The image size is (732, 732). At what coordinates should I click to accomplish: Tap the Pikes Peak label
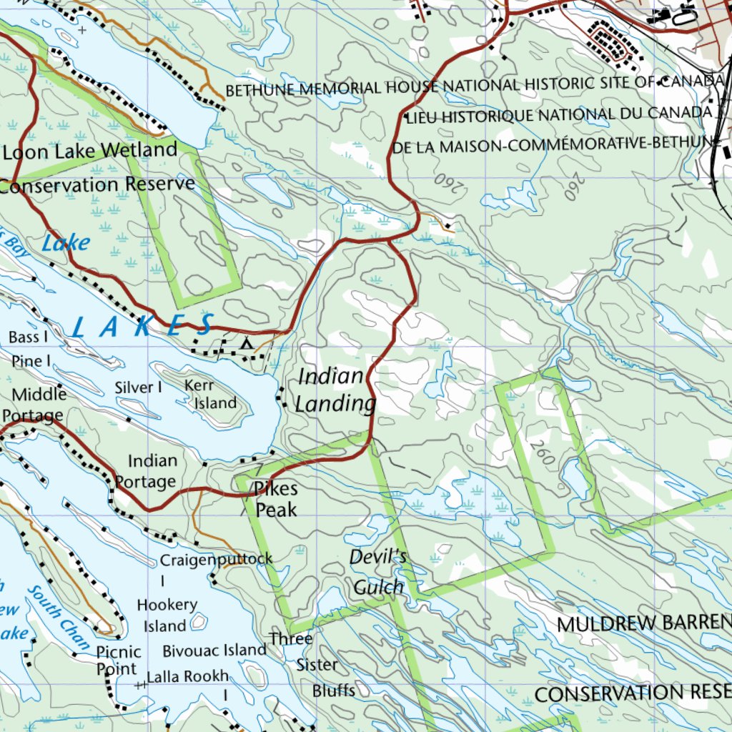(276, 499)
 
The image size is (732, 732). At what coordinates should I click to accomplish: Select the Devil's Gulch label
(378, 573)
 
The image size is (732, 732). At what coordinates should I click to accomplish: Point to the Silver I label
(139, 387)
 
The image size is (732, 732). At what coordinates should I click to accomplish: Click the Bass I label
(29, 337)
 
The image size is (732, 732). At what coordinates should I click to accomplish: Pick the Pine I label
(31, 362)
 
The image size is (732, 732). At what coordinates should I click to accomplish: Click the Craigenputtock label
(216, 559)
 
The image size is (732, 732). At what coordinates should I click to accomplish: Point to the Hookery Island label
(167, 615)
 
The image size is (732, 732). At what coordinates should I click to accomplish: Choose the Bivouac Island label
(214, 651)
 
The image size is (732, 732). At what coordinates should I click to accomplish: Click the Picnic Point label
(119, 661)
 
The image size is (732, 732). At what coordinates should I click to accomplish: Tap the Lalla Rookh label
(187, 676)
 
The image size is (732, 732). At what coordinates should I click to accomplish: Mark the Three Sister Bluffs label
(315, 665)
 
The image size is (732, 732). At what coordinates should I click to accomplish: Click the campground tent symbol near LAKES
(247, 344)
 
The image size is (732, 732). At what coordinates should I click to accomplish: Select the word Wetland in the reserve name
(139, 151)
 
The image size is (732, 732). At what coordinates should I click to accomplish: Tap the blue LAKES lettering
(143, 326)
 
